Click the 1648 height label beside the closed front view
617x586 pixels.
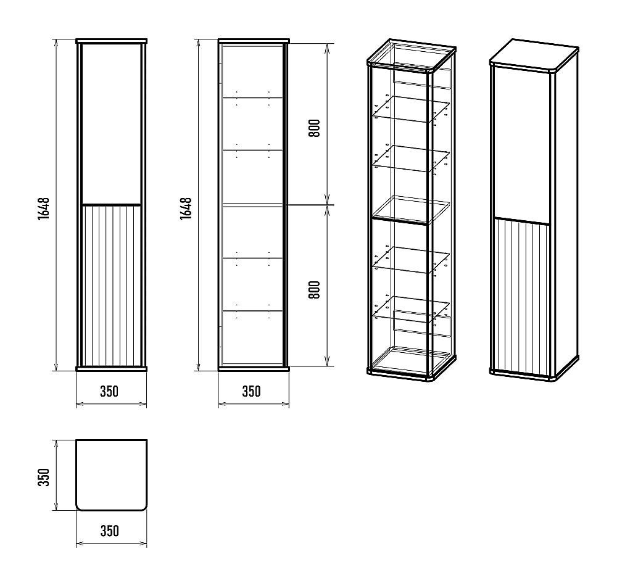[44, 208]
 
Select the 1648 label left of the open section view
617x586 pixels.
[186, 208]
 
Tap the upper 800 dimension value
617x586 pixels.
[315, 128]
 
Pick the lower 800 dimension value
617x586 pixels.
[315, 290]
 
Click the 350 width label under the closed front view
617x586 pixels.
[109, 391]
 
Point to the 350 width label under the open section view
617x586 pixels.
[252, 391]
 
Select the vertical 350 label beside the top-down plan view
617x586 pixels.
[44, 477]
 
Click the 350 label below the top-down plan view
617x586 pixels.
[110, 531]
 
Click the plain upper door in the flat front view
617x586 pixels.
[111, 123]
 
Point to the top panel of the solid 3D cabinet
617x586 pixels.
[534, 55]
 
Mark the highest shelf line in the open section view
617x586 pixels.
[252, 97]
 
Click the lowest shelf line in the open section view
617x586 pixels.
[252, 311]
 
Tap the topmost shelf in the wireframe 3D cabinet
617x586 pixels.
[411, 109]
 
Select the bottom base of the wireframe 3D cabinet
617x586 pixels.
[412, 365]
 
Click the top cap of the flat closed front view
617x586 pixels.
[111, 41]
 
